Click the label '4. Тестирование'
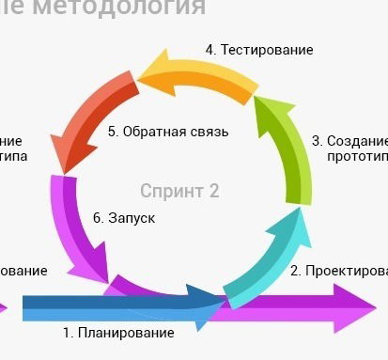(x=259, y=50)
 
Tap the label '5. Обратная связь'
(x=168, y=132)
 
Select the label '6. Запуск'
(x=124, y=218)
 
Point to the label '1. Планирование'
(x=118, y=333)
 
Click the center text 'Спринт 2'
(x=179, y=191)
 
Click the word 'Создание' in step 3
(x=357, y=140)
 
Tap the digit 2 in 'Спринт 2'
(x=214, y=191)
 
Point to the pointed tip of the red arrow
(x=63, y=172)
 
